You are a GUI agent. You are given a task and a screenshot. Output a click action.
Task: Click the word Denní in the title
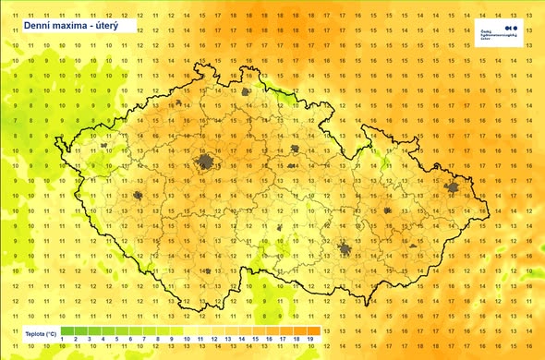tap(37, 28)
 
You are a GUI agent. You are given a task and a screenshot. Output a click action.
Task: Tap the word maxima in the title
tap(73, 28)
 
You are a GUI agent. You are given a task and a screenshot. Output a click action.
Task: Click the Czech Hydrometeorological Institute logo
tap(514, 31)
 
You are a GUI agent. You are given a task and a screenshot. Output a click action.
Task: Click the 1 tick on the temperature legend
tap(62, 340)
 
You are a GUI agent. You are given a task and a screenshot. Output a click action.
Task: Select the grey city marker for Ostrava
tap(453, 189)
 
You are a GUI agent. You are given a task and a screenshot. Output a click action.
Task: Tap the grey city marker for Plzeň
tap(139, 196)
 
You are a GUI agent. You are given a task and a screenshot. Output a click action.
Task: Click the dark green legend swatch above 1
tap(62, 330)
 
